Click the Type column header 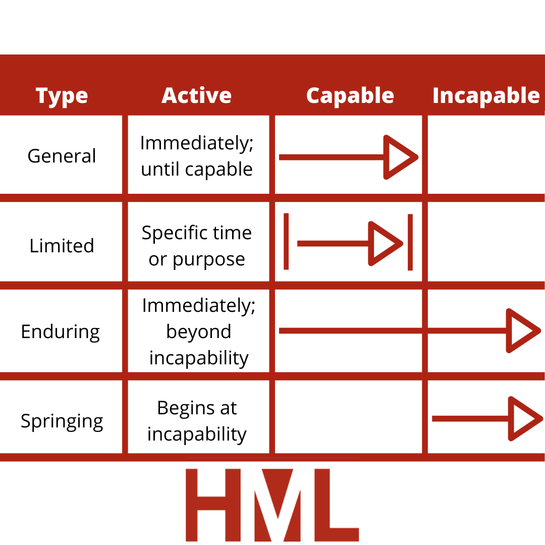pos(62,96)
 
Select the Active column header pos(197,95)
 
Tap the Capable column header pos(350,96)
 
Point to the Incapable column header pos(486,96)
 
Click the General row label pos(62,156)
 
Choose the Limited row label pos(62,246)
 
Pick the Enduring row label pos(61,332)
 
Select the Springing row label pos(62,421)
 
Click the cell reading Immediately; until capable pos(197,156)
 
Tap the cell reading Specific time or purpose pos(197,246)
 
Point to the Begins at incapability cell pos(197,421)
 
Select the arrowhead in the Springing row pos(525,418)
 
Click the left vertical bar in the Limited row pos(286,242)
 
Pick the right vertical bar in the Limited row pos(410,242)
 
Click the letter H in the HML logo pos(213,505)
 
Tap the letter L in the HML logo pos(337,505)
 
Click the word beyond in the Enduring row pos(199,331)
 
